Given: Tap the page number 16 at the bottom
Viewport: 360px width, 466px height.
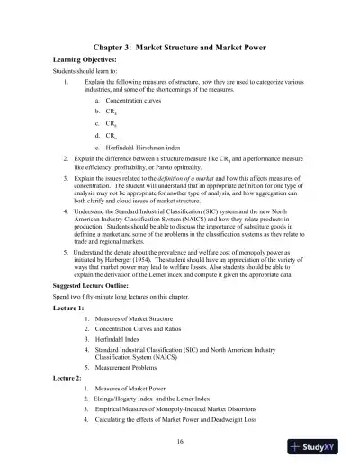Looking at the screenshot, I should click(x=180, y=442).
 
